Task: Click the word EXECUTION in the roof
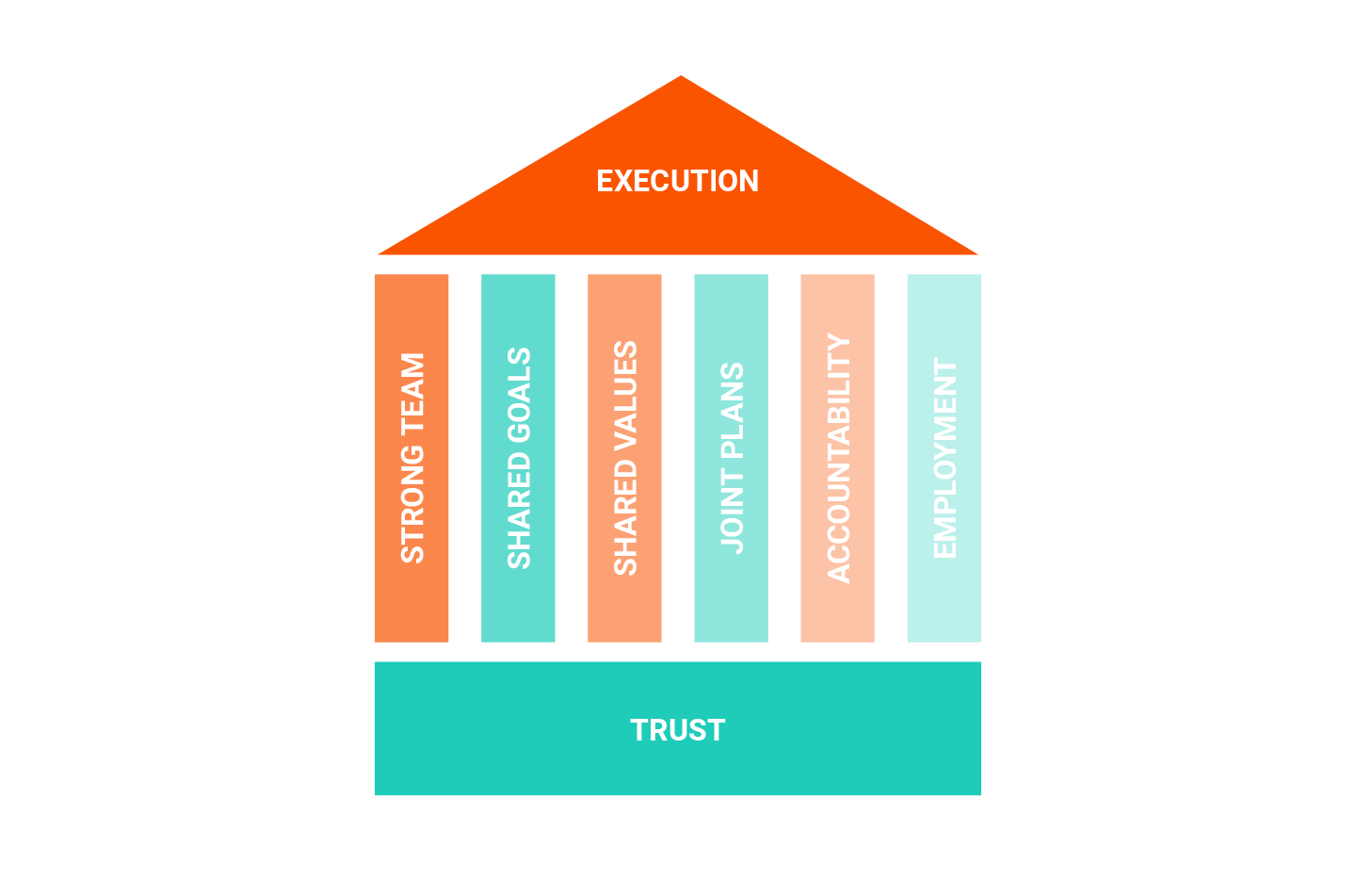pyautogui.click(x=677, y=181)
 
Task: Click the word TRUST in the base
pyautogui.click(x=677, y=730)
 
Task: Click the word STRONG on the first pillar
pyautogui.click(x=412, y=503)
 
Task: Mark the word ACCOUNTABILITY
pyautogui.click(x=838, y=459)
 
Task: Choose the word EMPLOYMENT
pyautogui.click(x=944, y=458)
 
